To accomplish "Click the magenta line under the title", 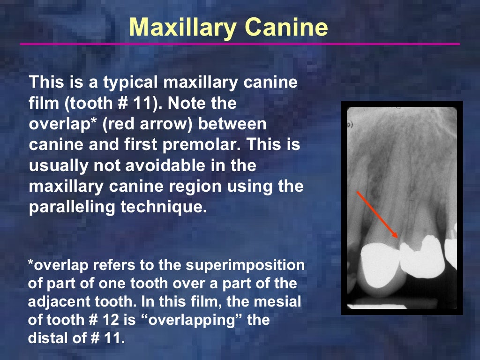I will pyautogui.click(x=240, y=44).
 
